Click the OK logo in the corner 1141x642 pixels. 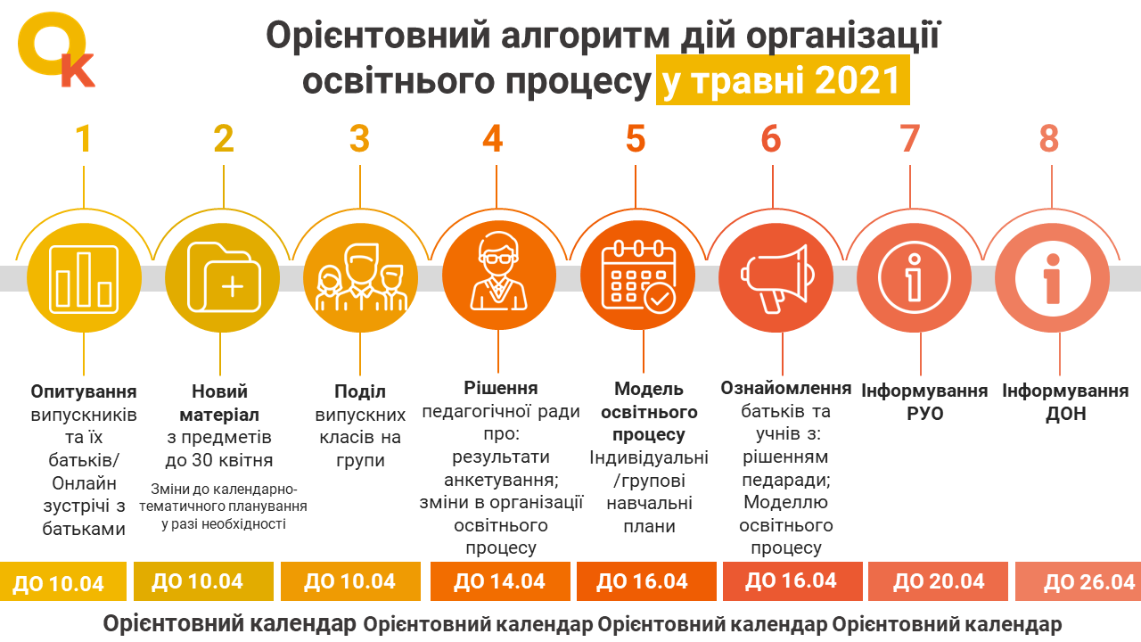pos(55,49)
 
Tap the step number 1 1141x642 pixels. pos(84,138)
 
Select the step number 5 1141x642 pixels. pos(636,138)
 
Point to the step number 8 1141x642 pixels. pos(1049,138)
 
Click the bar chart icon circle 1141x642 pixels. pos(84,278)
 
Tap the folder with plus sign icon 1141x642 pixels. pos(224,277)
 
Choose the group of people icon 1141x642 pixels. pos(361,277)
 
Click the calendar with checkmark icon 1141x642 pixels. pos(638,277)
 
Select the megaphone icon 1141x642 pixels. pos(776,278)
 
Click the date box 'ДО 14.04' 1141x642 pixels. pos(500,581)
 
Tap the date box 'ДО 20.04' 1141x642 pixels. pos(939,581)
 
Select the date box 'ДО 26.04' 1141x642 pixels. pos(1079,581)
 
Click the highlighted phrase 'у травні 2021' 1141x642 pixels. pos(783,80)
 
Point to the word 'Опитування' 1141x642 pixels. pos(84,391)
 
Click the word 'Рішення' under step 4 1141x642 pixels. pos(501,388)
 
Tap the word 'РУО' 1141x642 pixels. pos(925,414)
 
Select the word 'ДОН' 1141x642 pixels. pos(1065,414)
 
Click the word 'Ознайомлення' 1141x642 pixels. pos(786,388)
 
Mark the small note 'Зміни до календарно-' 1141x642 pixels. pos(224,490)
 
